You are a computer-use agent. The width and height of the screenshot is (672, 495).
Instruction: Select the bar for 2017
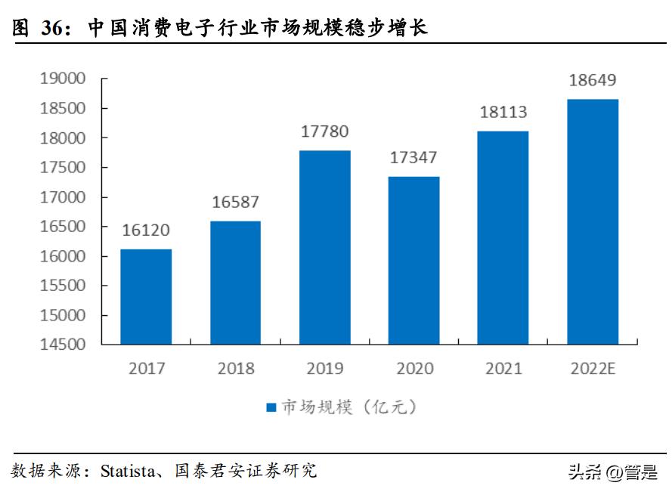click(x=146, y=296)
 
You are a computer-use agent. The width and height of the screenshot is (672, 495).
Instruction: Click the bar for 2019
click(x=324, y=247)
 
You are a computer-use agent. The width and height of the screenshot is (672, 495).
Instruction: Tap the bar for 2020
click(x=413, y=260)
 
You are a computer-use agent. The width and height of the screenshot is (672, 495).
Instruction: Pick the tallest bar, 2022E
click(x=593, y=221)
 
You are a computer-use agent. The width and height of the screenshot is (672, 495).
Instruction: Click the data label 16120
click(x=147, y=230)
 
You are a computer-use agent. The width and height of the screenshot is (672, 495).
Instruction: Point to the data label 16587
click(x=235, y=202)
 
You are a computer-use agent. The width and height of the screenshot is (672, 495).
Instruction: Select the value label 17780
click(x=324, y=131)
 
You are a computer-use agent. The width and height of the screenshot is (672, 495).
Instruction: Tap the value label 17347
click(x=413, y=158)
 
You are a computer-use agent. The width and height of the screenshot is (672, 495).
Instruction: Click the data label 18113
click(x=503, y=113)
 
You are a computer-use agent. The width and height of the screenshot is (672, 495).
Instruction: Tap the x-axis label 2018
click(x=236, y=369)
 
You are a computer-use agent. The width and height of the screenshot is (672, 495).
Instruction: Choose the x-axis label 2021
click(x=503, y=369)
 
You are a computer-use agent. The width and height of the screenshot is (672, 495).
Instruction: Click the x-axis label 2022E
click(x=593, y=369)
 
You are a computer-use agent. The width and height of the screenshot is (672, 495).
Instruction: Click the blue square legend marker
click(x=271, y=407)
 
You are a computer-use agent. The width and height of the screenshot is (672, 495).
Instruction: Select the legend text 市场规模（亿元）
click(x=349, y=407)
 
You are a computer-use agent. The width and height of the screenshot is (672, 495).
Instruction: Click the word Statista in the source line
click(x=126, y=472)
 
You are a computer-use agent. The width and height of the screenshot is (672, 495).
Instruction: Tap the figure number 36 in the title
click(x=52, y=29)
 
